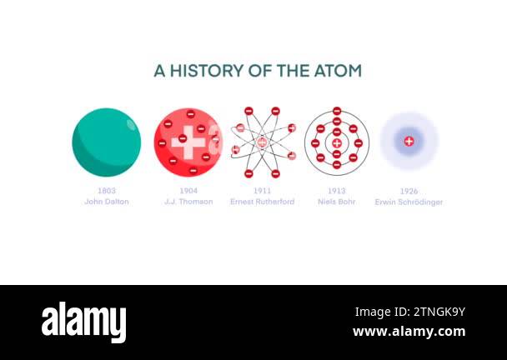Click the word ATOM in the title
coord(337,71)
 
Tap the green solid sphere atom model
coord(106,142)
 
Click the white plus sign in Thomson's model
coord(188,142)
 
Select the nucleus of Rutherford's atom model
coord(262,142)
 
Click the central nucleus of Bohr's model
coord(336,142)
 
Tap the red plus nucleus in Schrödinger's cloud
coord(409,142)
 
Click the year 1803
coord(106,191)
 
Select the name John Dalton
coord(106,202)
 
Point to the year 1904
coord(188,191)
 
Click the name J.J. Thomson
coord(188,202)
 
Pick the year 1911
coord(262,191)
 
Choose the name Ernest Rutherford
coord(262,202)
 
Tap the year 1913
coord(336,191)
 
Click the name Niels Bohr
coord(336,202)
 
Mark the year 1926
coord(409,191)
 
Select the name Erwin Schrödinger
coord(409,202)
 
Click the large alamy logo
coord(84,322)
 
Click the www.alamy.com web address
coord(409,332)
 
